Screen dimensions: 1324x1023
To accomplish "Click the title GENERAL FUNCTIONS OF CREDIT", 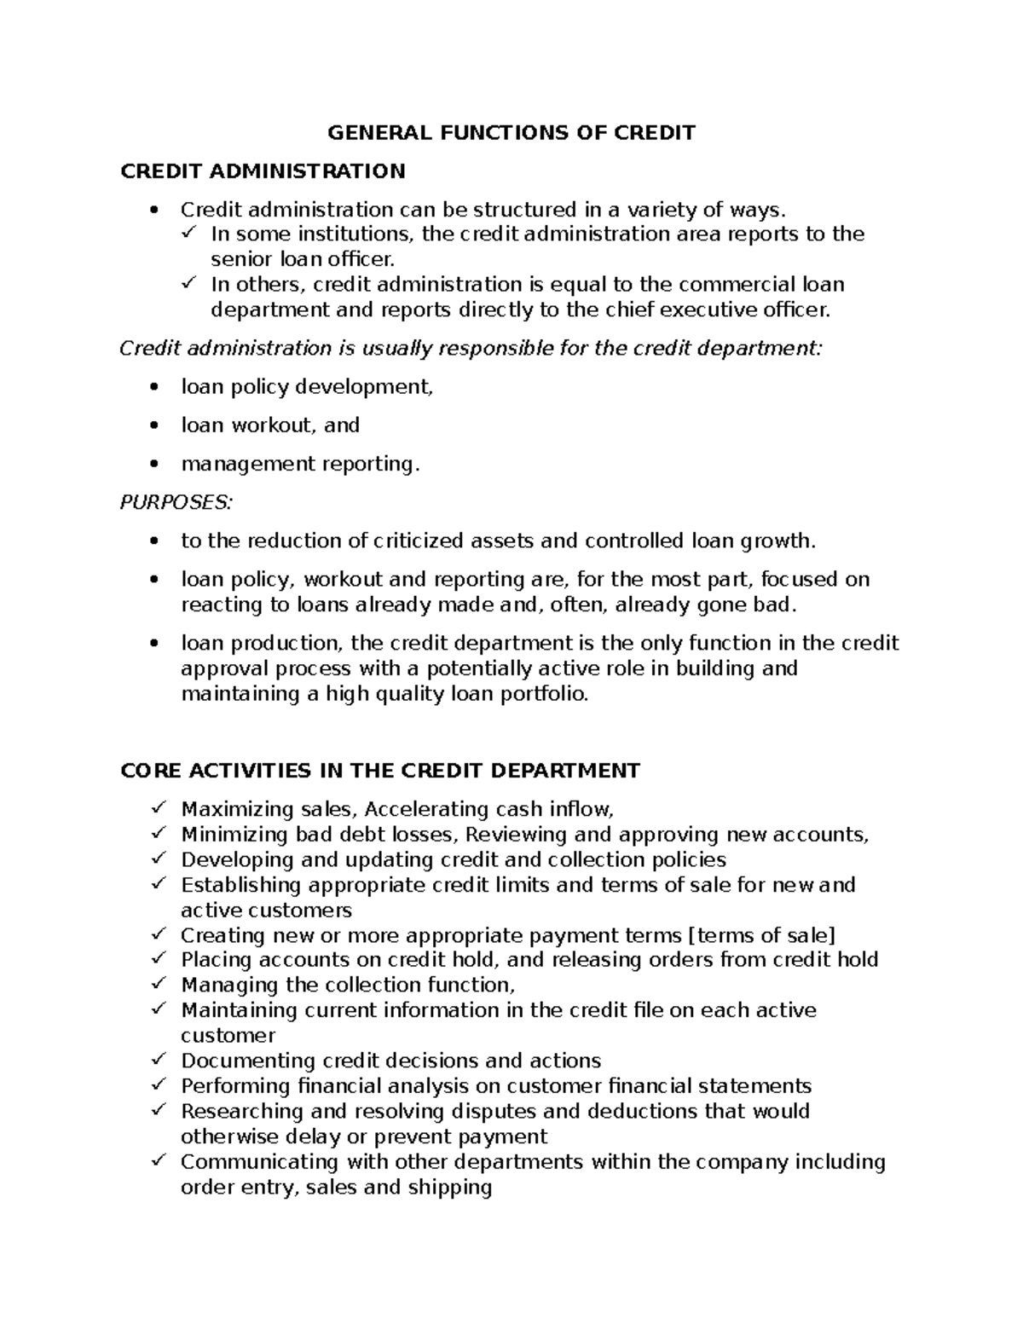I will coord(511,133).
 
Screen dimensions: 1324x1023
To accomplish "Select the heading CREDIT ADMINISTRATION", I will coord(263,171).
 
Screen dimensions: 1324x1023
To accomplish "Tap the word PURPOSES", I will coord(175,502).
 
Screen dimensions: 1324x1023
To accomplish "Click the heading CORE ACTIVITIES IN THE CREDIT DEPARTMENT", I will coord(380,771).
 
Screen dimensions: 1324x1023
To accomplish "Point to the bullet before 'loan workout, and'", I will coord(153,425).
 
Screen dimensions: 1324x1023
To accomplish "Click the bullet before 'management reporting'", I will coord(153,465).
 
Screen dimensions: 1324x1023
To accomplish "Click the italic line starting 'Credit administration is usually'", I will coord(471,349).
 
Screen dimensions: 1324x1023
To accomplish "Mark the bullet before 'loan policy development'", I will coord(153,388).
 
